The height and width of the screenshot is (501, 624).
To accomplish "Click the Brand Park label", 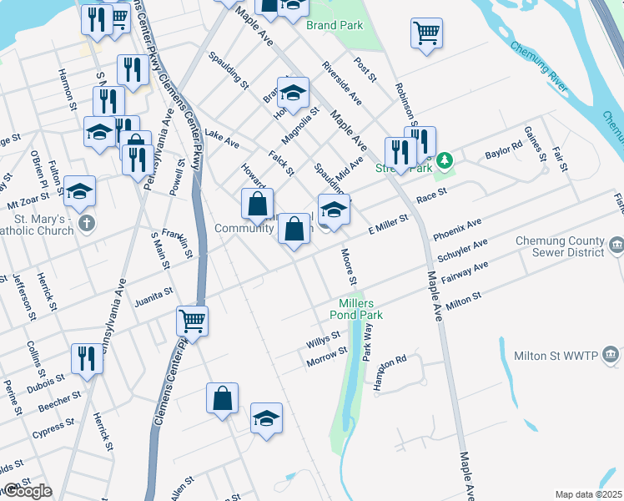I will click(x=334, y=25).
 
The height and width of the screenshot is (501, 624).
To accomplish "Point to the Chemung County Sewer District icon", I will click(x=616, y=245).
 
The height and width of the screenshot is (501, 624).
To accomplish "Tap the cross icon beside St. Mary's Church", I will click(x=86, y=224).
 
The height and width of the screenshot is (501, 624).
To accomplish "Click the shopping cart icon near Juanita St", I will click(x=193, y=320).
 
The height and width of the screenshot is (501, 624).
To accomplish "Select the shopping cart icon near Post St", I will click(x=426, y=33).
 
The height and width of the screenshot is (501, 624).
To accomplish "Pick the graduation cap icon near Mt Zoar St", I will click(x=80, y=191).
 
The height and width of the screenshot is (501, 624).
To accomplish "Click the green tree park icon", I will click(x=446, y=159).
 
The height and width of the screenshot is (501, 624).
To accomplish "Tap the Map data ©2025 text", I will click(x=588, y=494).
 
